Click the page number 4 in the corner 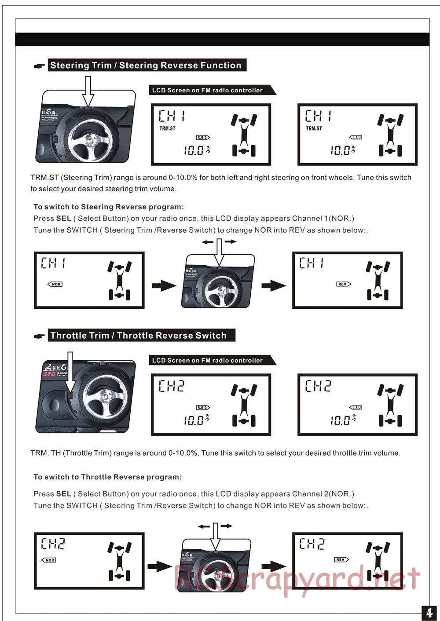pyautogui.click(x=429, y=613)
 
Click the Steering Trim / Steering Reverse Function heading pyautogui.click(x=146, y=66)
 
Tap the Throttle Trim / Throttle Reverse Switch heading pyautogui.click(x=139, y=336)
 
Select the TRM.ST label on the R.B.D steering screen pyautogui.click(x=167, y=128)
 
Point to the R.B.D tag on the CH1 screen pyautogui.click(x=203, y=138)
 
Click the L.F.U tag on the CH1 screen pyautogui.click(x=356, y=137)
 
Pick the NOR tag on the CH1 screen pyautogui.click(x=55, y=285)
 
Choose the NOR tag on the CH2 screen pyautogui.click(x=49, y=560)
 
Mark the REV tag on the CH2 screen pyautogui.click(x=341, y=560)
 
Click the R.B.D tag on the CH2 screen pyautogui.click(x=203, y=408)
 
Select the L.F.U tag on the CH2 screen pyautogui.click(x=356, y=408)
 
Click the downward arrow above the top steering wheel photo pyautogui.click(x=88, y=91)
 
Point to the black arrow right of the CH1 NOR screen pyautogui.click(x=164, y=285)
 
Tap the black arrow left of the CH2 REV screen pyautogui.click(x=273, y=566)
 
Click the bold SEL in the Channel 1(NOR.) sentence pyautogui.click(x=63, y=219)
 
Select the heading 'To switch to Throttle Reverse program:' pyautogui.click(x=107, y=477)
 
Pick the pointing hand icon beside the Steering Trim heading pyautogui.click(x=40, y=66)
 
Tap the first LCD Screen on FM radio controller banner pyautogui.click(x=208, y=90)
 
